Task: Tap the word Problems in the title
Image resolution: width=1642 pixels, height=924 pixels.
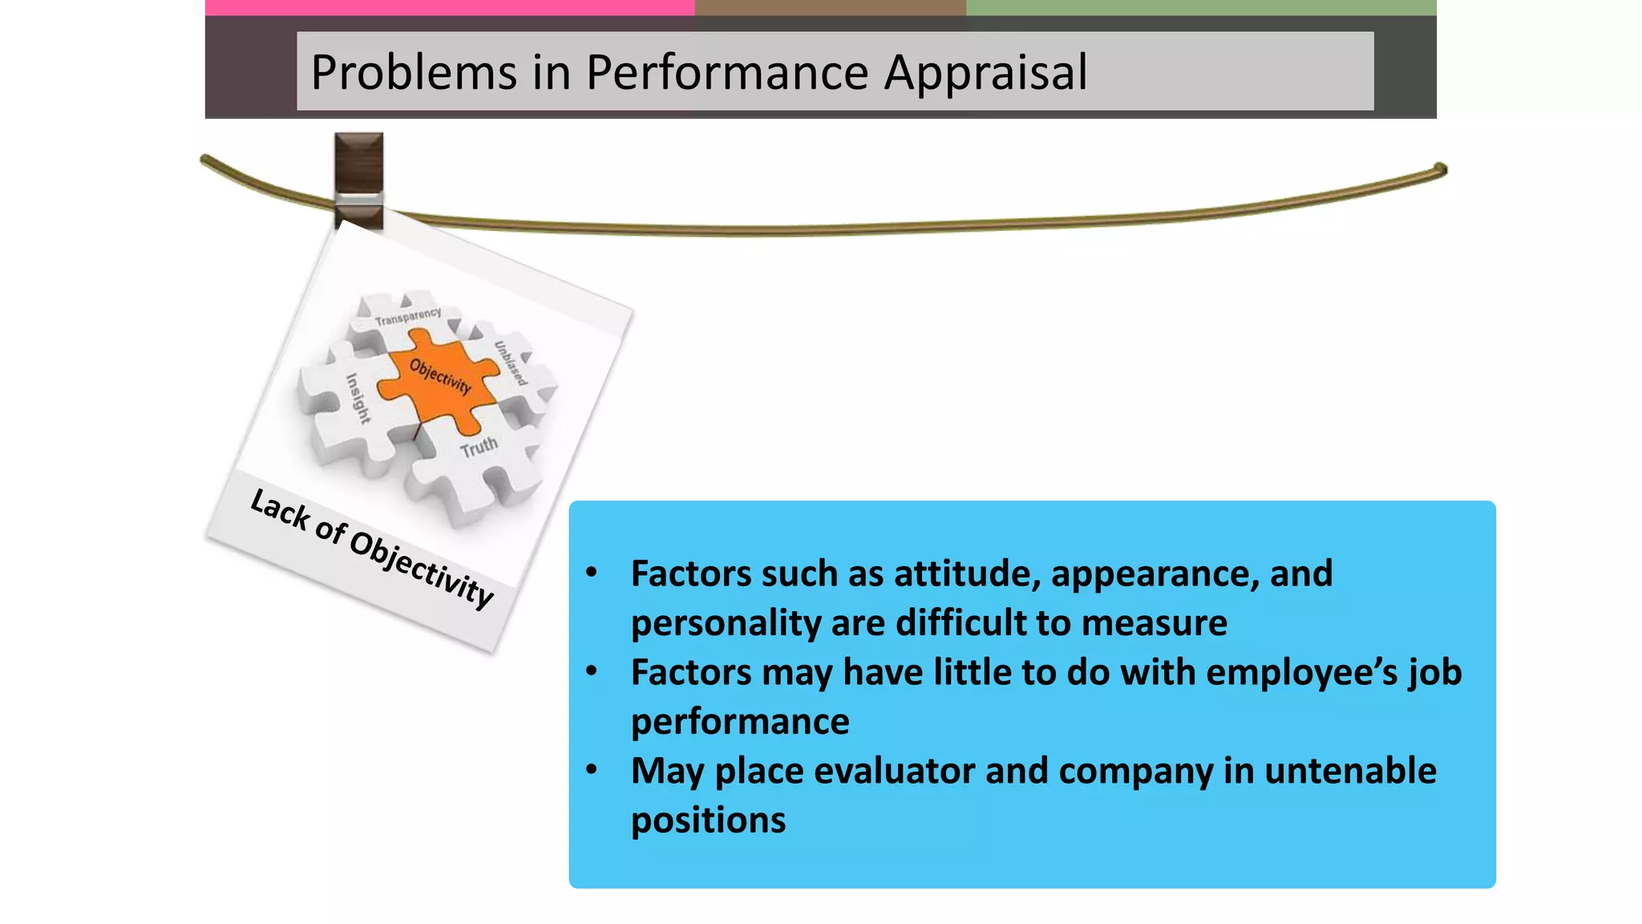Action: pyautogui.click(x=414, y=73)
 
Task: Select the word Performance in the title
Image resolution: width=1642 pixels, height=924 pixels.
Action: pyautogui.click(x=727, y=73)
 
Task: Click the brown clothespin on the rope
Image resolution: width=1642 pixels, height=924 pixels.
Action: pyautogui.click(x=358, y=180)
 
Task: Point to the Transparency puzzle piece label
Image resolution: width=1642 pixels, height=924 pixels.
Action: pyautogui.click(x=408, y=317)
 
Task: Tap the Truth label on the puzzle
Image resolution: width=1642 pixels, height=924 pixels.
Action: pyautogui.click(x=479, y=448)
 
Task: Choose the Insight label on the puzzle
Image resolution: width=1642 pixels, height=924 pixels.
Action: pyautogui.click(x=358, y=398)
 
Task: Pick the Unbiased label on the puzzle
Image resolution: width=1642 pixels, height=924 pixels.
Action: pyautogui.click(x=511, y=363)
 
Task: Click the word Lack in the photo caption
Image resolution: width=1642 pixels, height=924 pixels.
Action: pyautogui.click(x=280, y=509)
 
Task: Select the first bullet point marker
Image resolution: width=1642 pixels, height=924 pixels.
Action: pyautogui.click(x=592, y=573)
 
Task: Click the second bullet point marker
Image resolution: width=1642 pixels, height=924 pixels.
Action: pyautogui.click(x=592, y=671)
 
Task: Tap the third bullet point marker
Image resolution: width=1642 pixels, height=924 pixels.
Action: pyautogui.click(x=592, y=770)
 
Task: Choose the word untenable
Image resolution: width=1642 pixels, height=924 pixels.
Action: pyautogui.click(x=1350, y=771)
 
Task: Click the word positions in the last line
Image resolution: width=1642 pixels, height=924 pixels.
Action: pyautogui.click(x=708, y=821)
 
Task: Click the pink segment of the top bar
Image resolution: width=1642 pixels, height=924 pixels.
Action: pyautogui.click(x=449, y=7)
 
